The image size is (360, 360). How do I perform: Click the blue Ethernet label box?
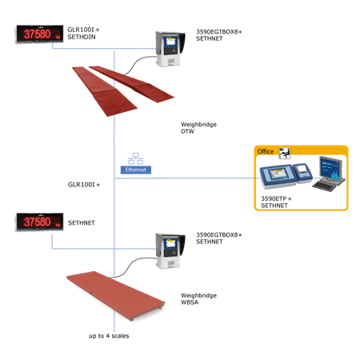(136, 170)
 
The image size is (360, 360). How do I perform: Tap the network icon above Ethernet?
(136, 158)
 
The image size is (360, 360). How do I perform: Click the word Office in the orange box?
(266, 151)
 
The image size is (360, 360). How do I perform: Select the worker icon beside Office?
(285, 153)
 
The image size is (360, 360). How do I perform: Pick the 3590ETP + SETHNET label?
(276, 202)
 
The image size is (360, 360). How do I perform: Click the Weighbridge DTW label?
(198, 128)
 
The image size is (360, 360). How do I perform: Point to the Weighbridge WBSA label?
(198, 298)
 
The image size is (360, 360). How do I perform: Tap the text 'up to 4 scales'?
(109, 336)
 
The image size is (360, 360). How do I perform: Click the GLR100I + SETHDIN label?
(83, 34)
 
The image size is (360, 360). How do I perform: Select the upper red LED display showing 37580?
(40, 34)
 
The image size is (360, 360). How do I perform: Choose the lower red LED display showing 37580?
(40, 222)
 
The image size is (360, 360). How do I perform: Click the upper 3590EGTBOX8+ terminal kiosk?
(170, 49)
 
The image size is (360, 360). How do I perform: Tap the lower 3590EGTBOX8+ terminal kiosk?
(170, 251)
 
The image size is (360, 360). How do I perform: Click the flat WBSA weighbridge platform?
(116, 295)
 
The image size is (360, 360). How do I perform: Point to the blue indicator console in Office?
(278, 177)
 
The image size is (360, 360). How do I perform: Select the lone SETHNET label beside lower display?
(82, 222)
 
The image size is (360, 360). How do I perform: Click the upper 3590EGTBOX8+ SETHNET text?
(219, 35)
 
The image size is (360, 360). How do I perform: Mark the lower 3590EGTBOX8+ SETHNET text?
(219, 238)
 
